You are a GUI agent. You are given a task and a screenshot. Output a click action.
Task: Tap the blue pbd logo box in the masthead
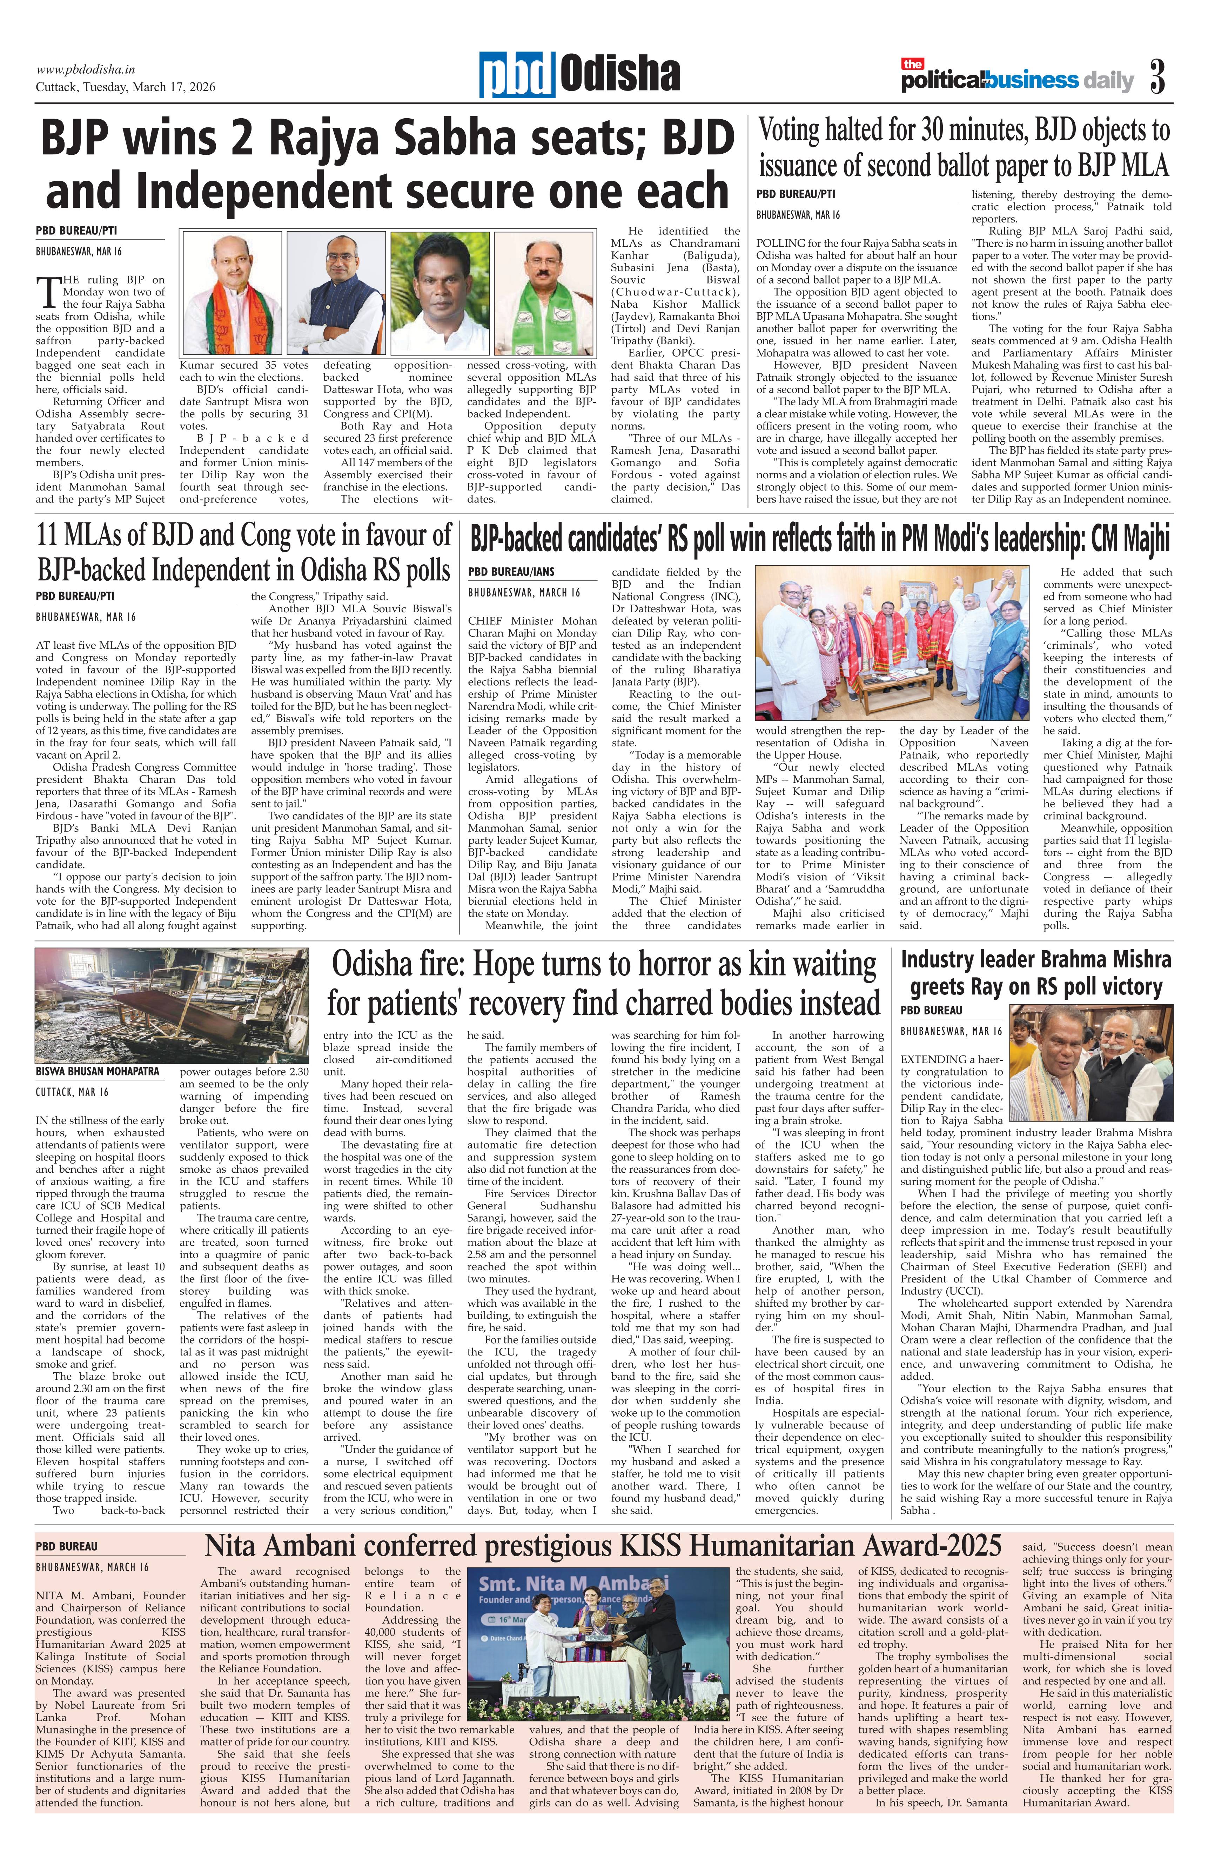coord(518,75)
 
